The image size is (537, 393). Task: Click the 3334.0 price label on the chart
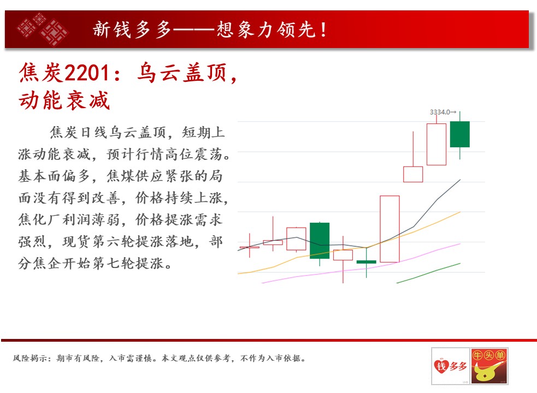point(440,112)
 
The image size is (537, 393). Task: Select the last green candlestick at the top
point(459,134)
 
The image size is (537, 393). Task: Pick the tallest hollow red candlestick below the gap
point(390,229)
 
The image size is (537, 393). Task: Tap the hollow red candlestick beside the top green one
point(436,144)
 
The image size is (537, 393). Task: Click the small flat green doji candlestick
point(367,262)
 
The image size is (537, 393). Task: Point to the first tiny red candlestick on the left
point(250,247)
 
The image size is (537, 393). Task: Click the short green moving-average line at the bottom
point(428,273)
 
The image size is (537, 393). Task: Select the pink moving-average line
point(361,264)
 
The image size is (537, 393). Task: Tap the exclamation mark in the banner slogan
point(323,29)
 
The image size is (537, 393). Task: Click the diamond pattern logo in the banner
point(43,29)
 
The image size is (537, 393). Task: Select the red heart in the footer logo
point(441,366)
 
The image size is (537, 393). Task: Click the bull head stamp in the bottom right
point(489,366)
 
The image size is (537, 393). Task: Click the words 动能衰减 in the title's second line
point(64,100)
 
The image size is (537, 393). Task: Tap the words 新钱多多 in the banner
point(132,29)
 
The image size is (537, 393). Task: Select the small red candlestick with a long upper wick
point(273,241)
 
